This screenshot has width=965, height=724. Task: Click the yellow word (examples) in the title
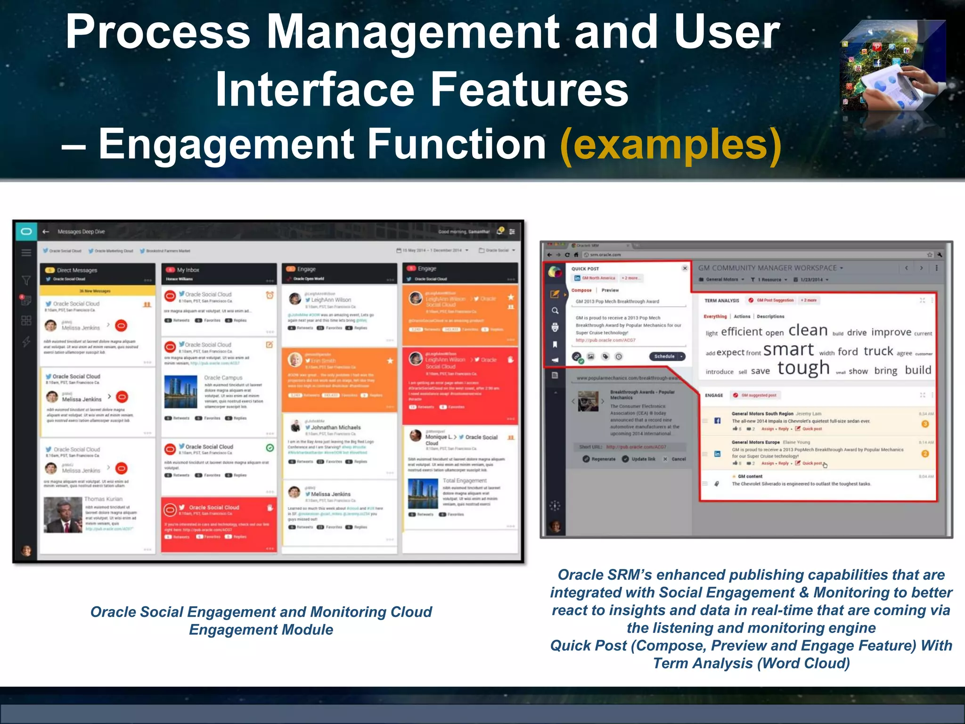click(671, 145)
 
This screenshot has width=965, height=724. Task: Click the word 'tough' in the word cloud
click(803, 368)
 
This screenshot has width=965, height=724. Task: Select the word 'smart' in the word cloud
click(788, 350)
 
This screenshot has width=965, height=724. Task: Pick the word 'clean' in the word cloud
click(808, 330)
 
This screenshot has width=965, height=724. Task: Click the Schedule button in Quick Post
click(665, 356)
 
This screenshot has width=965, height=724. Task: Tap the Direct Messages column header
click(77, 270)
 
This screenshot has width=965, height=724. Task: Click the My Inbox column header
click(188, 270)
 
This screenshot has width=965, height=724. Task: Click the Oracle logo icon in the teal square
click(26, 231)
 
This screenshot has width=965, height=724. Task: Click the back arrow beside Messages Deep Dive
click(46, 231)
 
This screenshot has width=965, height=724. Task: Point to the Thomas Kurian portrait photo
click(63, 515)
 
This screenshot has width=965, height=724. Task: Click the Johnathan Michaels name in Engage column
click(335, 427)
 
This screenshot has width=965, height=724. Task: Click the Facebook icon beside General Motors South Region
click(717, 420)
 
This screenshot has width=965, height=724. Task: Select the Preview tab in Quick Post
click(610, 290)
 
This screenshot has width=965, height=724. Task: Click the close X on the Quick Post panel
click(685, 268)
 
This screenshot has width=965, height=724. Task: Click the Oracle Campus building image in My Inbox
click(181, 392)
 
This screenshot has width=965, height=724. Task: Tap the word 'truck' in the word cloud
click(878, 351)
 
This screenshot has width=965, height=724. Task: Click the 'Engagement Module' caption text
click(261, 630)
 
